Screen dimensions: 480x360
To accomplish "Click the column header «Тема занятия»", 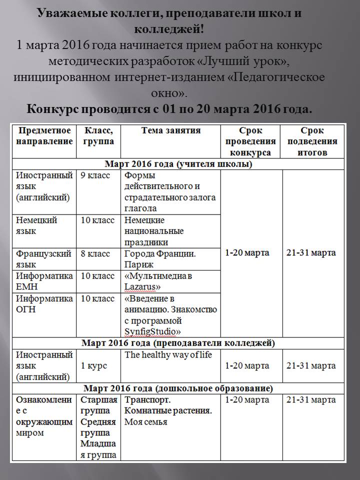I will [170, 131].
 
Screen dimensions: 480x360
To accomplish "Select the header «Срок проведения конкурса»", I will [250, 141].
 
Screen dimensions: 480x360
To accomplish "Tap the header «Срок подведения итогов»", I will [312, 141].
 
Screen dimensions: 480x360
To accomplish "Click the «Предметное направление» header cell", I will [44, 136].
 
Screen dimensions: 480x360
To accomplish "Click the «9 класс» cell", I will [95, 175].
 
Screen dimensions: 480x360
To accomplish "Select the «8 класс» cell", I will [95, 254].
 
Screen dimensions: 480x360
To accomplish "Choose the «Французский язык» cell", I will [44, 259].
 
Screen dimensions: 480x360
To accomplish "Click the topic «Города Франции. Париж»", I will [160, 259].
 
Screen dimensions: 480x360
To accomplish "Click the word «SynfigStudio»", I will [152, 331].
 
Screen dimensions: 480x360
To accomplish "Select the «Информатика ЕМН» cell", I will [44, 281].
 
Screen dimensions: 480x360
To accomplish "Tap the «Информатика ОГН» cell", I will [44, 304].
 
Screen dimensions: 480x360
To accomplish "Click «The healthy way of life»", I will [168, 355].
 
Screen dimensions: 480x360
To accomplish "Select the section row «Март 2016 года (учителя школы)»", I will [178, 164].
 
